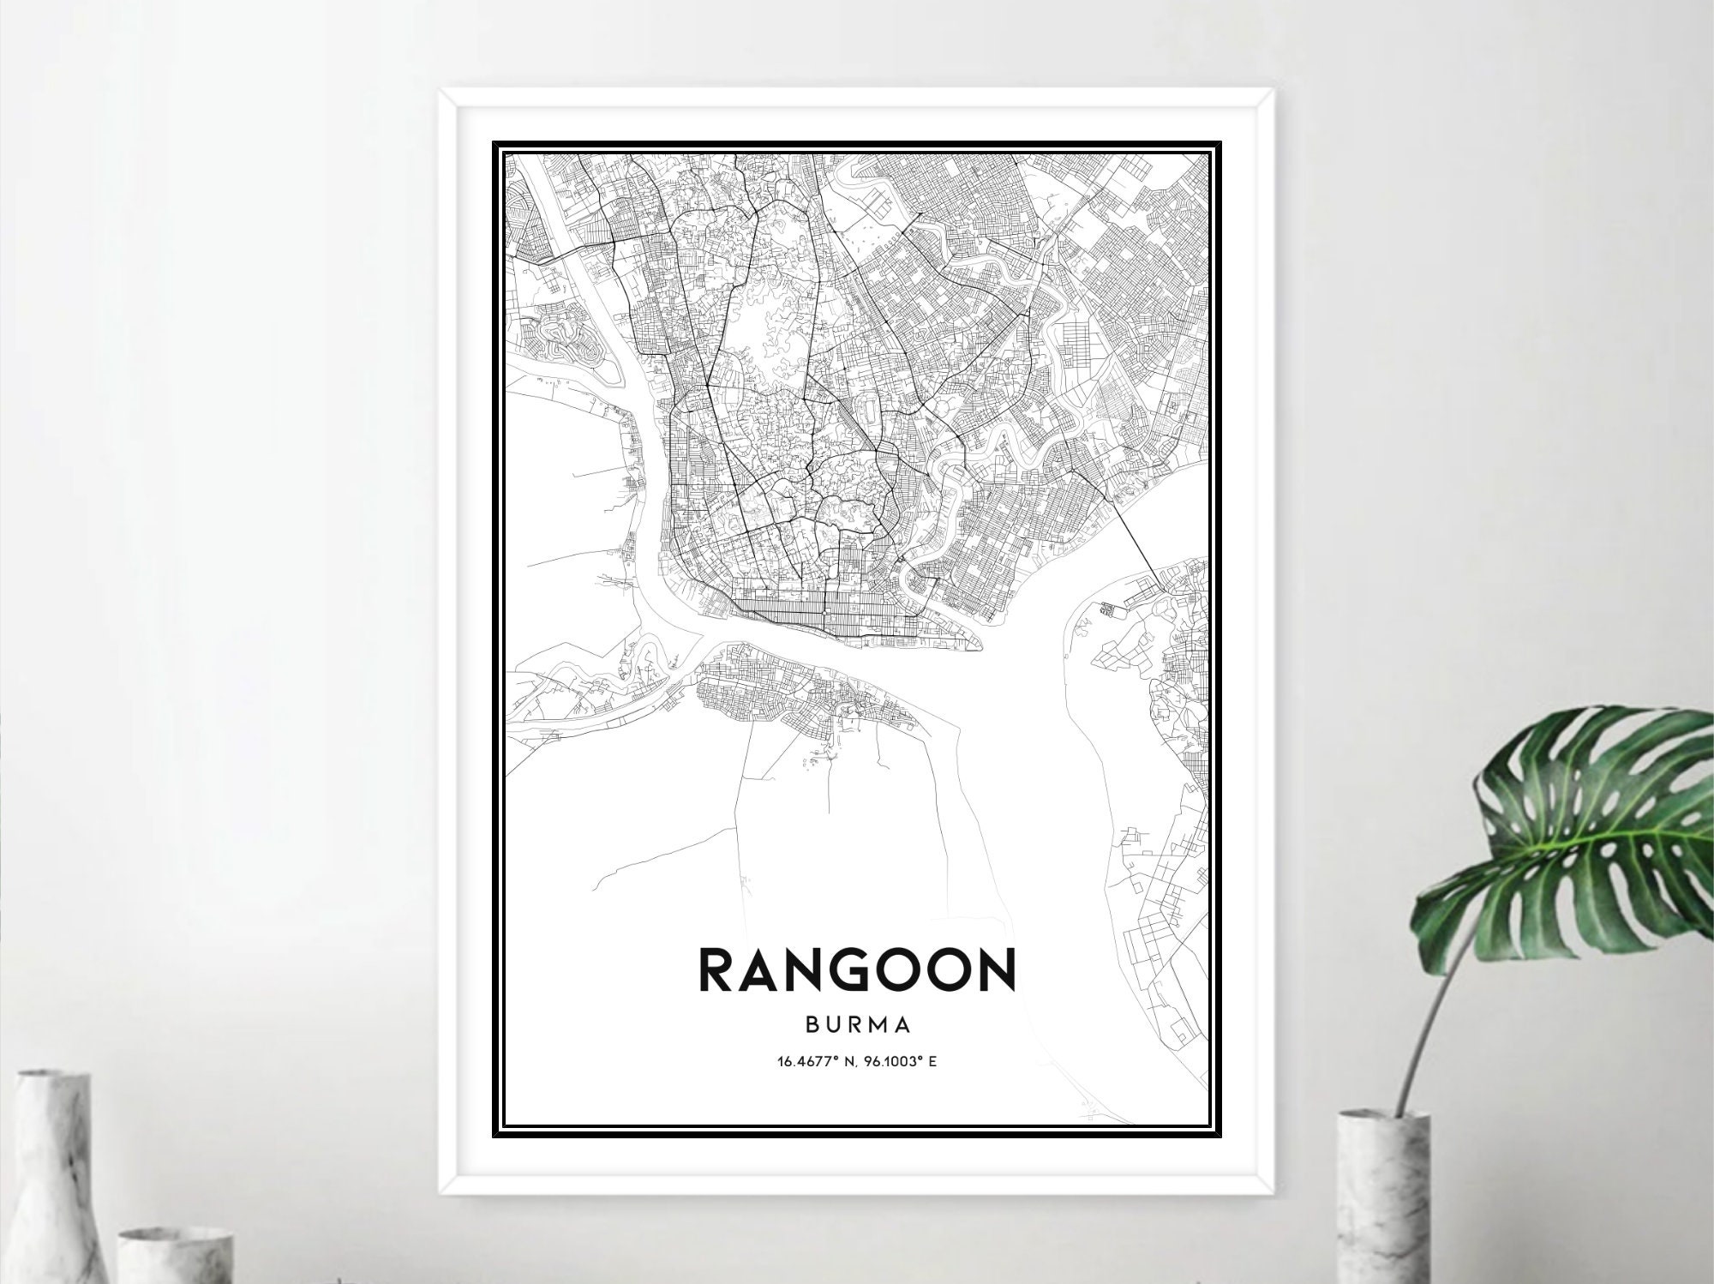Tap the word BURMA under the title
pos(857,1025)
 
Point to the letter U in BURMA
pos(832,1025)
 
